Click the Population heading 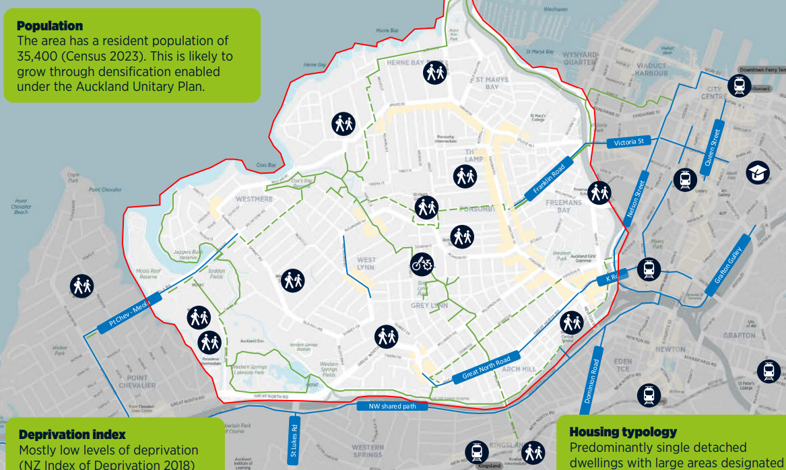[50, 26]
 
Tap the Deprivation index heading [72, 435]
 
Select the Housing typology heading [623, 432]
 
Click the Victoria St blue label [629, 142]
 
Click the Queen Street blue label [711, 148]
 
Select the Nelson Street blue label [635, 198]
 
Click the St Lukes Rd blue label [294, 440]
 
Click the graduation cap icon [758, 173]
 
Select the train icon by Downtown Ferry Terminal [739, 86]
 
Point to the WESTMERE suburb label [254, 199]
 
